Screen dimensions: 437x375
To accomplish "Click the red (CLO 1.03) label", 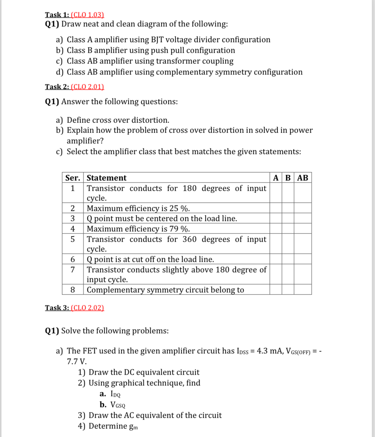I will (x=87, y=15).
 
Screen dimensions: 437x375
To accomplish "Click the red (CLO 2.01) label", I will (x=87, y=87).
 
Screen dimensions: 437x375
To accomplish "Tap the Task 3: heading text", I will (x=57, y=307).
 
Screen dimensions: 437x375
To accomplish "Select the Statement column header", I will (x=106, y=178).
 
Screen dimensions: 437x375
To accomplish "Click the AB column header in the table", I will (x=302, y=178).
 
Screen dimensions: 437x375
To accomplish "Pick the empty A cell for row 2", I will (x=275, y=208).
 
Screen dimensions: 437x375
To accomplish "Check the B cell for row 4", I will (x=288, y=229).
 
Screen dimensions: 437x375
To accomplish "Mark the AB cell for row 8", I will (x=302, y=290).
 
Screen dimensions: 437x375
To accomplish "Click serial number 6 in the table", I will (x=73, y=259).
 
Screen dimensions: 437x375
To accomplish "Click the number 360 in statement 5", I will (x=189, y=239).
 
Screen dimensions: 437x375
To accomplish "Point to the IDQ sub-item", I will (x=115, y=394).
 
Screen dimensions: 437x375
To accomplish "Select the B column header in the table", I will (x=288, y=178).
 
